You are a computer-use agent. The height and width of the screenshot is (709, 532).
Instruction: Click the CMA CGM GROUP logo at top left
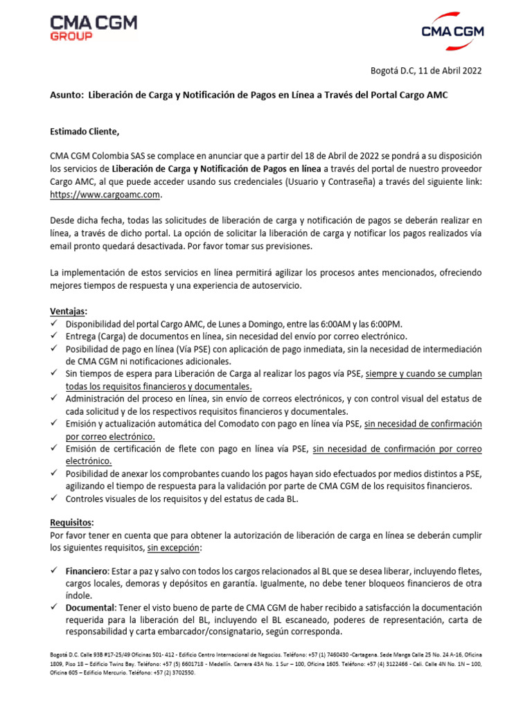coord(94,28)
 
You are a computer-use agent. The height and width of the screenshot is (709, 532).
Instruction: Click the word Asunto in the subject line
coord(66,95)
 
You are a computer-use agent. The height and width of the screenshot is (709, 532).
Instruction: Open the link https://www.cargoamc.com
coord(105,195)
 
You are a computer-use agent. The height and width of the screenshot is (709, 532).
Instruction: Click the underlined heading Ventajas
coord(69,312)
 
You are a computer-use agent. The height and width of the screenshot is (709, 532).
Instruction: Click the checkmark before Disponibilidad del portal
coord(55,324)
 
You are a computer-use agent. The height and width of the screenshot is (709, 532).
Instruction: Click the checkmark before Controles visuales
coord(55,499)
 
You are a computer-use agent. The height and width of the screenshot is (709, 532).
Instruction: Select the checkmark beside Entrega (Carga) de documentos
coord(55,336)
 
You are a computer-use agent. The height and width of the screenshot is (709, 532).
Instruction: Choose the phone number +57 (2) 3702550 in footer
coord(173,672)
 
